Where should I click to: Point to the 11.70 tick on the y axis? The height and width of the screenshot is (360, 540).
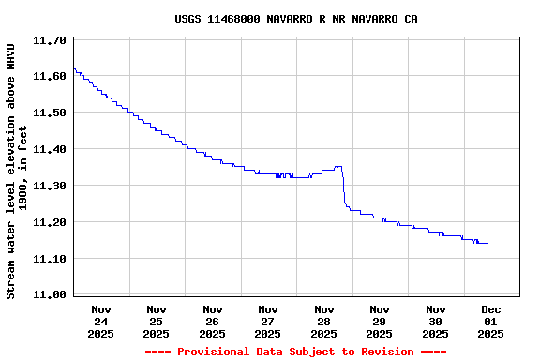49,40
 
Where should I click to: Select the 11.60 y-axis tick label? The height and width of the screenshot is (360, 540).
49,77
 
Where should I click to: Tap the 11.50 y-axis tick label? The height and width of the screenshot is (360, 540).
49,113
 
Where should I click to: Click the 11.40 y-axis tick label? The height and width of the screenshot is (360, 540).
49,150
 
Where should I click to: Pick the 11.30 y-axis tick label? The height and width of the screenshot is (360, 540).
49,187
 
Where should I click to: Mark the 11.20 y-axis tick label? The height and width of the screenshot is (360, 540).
49,223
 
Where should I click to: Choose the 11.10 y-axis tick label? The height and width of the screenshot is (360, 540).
49,260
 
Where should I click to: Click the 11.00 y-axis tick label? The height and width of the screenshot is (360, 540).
49,295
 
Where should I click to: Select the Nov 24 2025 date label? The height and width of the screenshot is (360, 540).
101,322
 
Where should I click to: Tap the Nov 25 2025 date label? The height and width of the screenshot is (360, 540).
157,322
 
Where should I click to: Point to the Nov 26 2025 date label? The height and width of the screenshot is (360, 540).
213,322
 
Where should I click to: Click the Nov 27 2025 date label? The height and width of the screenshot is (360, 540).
268,322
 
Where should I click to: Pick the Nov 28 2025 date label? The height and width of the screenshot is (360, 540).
324,322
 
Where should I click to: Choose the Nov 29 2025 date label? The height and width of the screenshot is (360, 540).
380,322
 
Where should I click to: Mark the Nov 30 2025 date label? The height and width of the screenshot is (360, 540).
436,322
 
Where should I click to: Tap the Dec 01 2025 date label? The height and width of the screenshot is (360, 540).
491,322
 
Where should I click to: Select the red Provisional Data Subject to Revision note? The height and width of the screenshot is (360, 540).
296,352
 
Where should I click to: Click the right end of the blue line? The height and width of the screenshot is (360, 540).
487,243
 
